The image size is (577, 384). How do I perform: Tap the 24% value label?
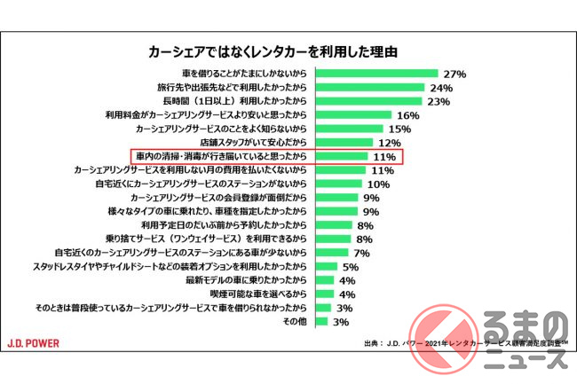tap(441, 88)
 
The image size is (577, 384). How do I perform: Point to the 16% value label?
tap(408, 115)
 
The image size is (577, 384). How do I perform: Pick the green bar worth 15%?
tap(352, 129)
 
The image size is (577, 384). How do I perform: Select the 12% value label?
tap(390, 143)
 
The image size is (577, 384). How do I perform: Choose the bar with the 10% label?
tap(338, 184)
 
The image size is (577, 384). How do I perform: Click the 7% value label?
tap(361, 253)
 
